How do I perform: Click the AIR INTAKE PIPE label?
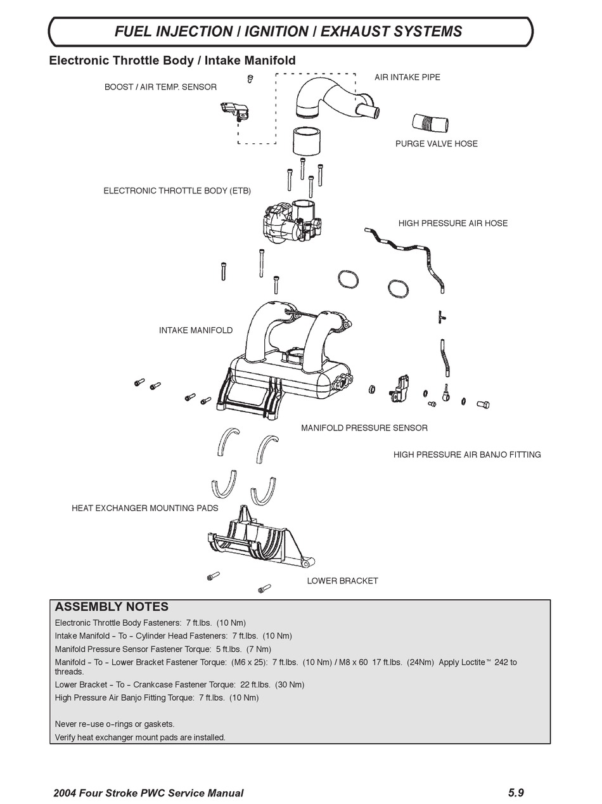pyautogui.click(x=407, y=77)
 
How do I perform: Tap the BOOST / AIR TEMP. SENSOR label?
pyautogui.click(x=160, y=87)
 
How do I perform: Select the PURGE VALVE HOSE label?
pyautogui.click(x=436, y=144)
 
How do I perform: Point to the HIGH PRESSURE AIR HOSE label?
pyautogui.click(x=452, y=223)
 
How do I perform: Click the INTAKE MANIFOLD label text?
pyautogui.click(x=195, y=330)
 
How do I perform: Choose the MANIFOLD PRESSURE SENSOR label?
pyautogui.click(x=364, y=428)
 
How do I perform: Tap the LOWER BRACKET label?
pyautogui.click(x=342, y=581)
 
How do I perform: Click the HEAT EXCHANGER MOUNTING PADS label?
pyautogui.click(x=144, y=508)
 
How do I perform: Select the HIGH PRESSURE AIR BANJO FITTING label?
pyautogui.click(x=466, y=455)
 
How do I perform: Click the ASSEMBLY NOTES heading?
pyautogui.click(x=112, y=607)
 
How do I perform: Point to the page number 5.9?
pyautogui.click(x=516, y=793)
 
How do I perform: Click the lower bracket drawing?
pyautogui.click(x=260, y=538)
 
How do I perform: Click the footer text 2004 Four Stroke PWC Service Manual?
pyautogui.click(x=148, y=793)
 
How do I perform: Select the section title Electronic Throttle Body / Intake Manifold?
pyautogui.click(x=172, y=61)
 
